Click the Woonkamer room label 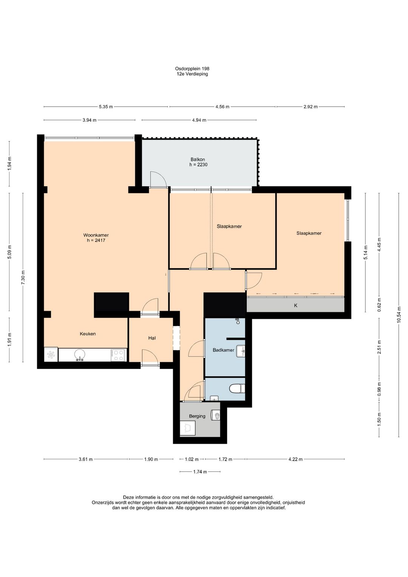tap(96, 235)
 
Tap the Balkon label tap(198, 160)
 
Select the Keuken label tap(88, 333)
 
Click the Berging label tap(197, 416)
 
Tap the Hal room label tap(152, 338)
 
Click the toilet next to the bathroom tap(237, 389)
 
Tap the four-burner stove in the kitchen tap(118, 355)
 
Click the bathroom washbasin tap(241, 351)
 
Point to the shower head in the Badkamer tap(238, 321)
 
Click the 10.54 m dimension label tap(399, 314)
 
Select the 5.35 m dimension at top tap(106, 107)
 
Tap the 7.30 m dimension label tap(23, 278)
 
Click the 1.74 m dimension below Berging tap(200, 472)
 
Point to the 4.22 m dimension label tap(295, 459)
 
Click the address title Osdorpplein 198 tap(192, 68)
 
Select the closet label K tap(296, 305)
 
